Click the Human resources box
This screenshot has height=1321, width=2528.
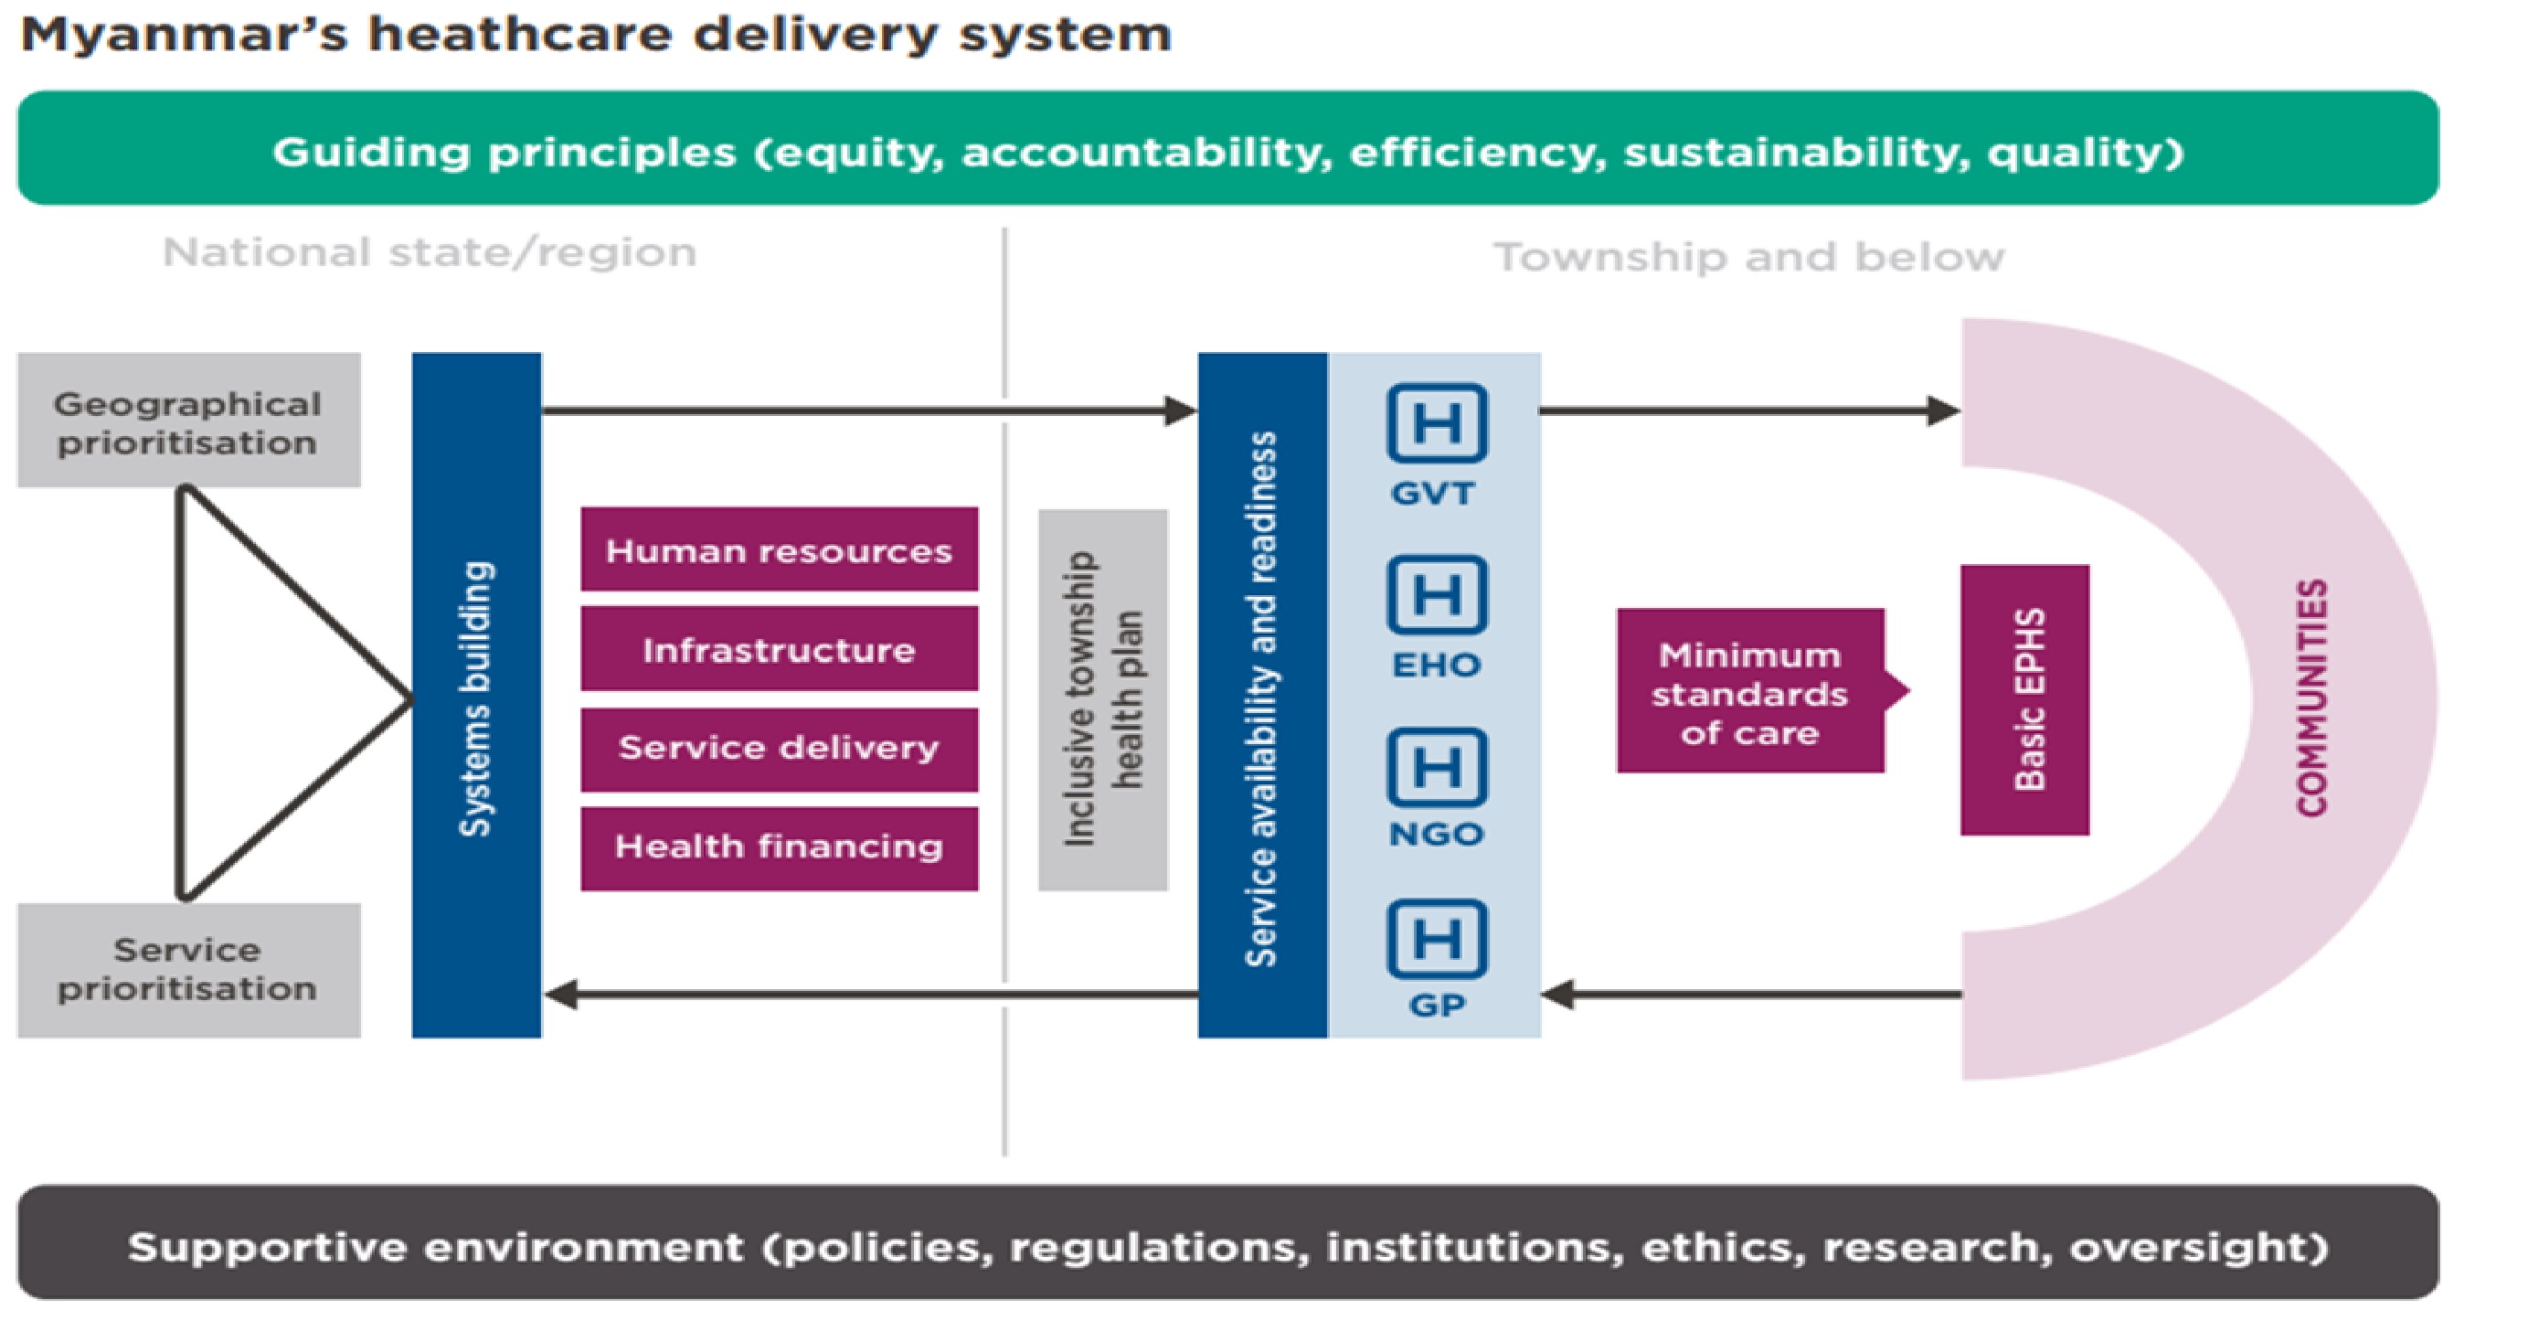pos(780,549)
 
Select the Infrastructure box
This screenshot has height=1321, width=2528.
pos(780,649)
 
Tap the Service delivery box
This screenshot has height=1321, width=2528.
pos(780,749)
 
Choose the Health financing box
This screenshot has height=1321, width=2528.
pos(780,848)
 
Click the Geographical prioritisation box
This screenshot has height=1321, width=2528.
pos(188,421)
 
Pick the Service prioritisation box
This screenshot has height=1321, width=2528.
pos(188,970)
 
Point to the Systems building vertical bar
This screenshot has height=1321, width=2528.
pos(477,695)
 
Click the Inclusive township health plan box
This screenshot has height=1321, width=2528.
pos(1103,699)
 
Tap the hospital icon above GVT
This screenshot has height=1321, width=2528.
pos(1437,423)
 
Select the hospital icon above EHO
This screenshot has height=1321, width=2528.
pos(1437,595)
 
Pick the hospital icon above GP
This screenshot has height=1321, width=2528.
pos(1437,938)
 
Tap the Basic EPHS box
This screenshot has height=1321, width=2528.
pos(2024,699)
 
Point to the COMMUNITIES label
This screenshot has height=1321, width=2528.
pos(2311,698)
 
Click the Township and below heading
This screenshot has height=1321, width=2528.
pos(1748,257)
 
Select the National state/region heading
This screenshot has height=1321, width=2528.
pos(430,253)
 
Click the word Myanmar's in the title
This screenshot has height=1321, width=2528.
pos(185,36)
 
